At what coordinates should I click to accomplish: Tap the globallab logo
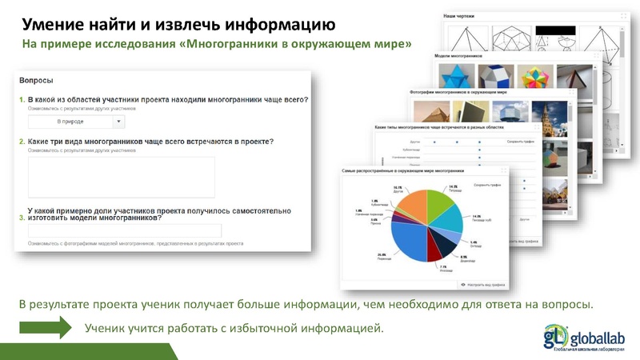(587, 335)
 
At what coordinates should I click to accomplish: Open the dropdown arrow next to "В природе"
(118, 122)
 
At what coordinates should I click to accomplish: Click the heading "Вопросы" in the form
(36, 81)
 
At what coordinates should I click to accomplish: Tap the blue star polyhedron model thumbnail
(457, 78)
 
